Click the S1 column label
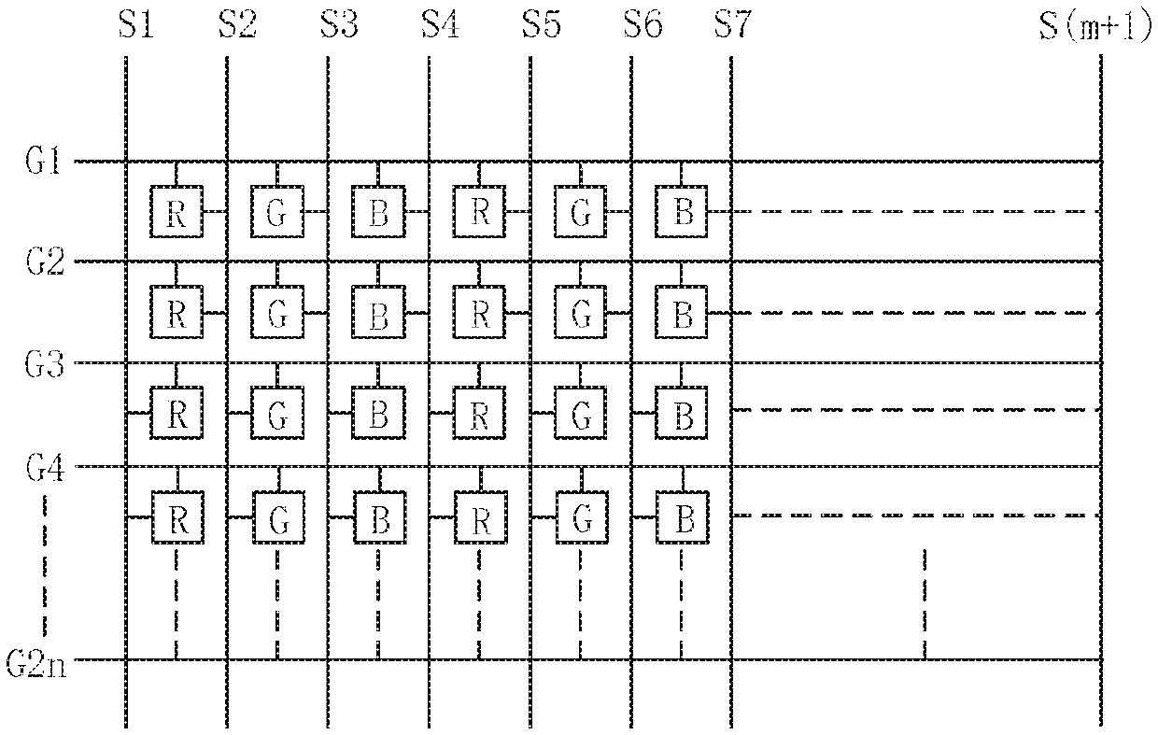pyautogui.click(x=136, y=25)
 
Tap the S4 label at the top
pyautogui.click(x=441, y=25)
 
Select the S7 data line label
pyautogui.click(x=733, y=25)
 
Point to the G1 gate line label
pyautogui.click(x=43, y=161)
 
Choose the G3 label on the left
pyautogui.click(x=45, y=364)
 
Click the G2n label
pyautogui.click(x=36, y=663)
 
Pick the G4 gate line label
pyautogui.click(x=45, y=468)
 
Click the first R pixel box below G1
pyautogui.click(x=177, y=211)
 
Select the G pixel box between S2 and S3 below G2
pyautogui.click(x=277, y=312)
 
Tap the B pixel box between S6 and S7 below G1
pyautogui.click(x=682, y=211)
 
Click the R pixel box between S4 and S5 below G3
pyautogui.click(x=479, y=413)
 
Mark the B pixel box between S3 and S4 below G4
pyautogui.click(x=380, y=517)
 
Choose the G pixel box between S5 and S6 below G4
pyautogui.click(x=582, y=517)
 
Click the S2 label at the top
pyautogui.click(x=238, y=25)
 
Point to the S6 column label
pyautogui.click(x=643, y=25)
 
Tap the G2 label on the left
pyautogui.click(x=45, y=261)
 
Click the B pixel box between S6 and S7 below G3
pyautogui.click(x=682, y=413)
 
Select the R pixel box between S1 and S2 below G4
pyautogui.click(x=177, y=517)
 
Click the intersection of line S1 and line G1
pyautogui.click(x=126, y=162)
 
